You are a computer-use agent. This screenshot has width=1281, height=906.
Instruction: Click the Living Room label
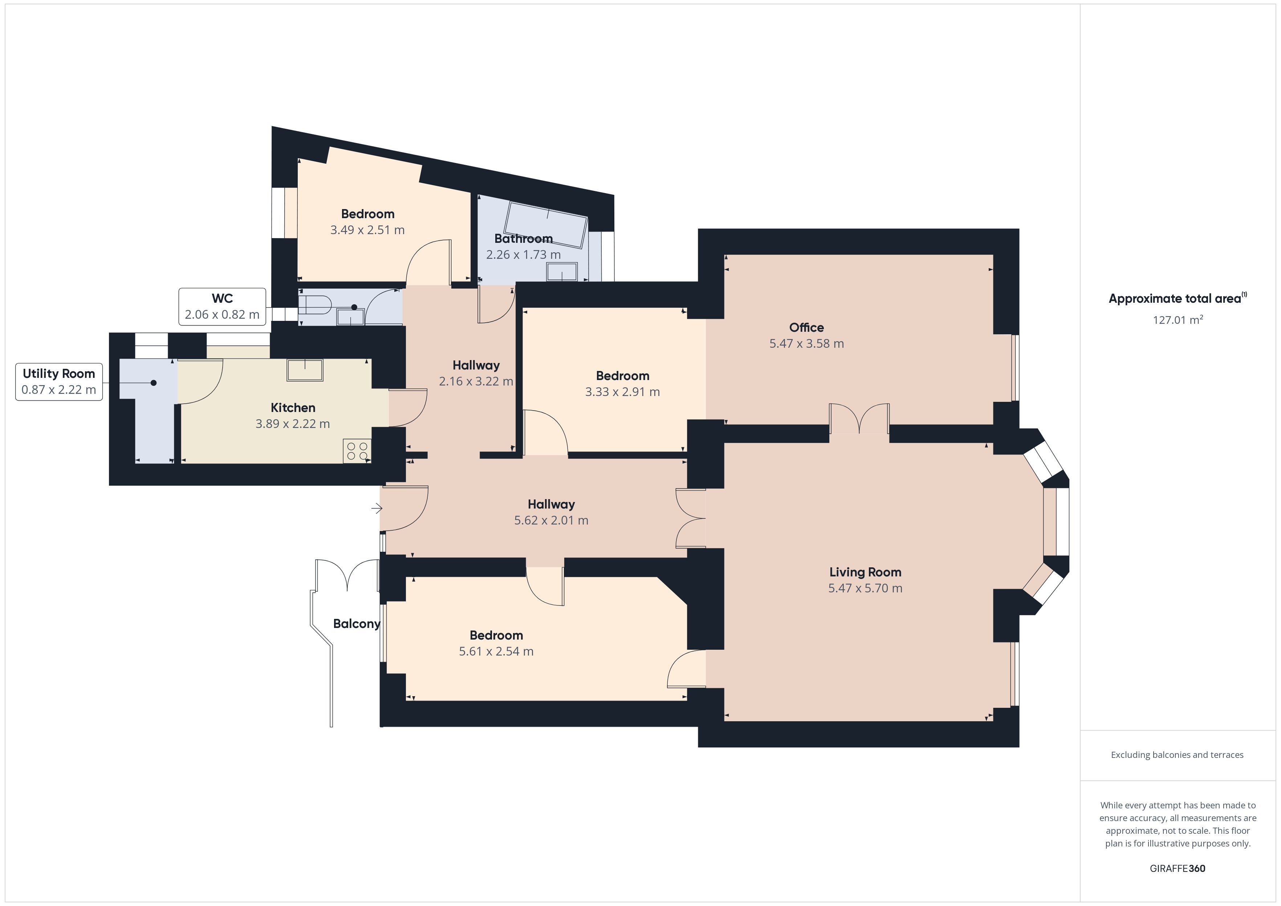click(x=865, y=572)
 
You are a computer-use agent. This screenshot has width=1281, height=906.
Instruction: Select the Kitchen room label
click(x=293, y=408)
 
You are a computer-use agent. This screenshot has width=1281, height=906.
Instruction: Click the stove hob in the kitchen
click(x=357, y=451)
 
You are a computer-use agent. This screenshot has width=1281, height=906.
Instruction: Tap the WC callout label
click(x=222, y=306)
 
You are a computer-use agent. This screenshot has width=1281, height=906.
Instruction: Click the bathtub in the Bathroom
click(x=546, y=225)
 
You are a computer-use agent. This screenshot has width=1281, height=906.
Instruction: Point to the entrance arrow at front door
click(x=377, y=508)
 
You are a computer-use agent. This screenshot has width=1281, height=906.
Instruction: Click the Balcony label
click(x=357, y=624)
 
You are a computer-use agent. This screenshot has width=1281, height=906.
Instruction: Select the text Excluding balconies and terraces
click(x=1177, y=755)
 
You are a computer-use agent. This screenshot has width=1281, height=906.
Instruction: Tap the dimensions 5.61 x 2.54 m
click(x=496, y=652)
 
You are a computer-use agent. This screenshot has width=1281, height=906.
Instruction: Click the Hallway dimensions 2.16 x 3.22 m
click(x=476, y=381)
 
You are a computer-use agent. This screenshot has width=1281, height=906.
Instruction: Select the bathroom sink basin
click(x=562, y=272)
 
